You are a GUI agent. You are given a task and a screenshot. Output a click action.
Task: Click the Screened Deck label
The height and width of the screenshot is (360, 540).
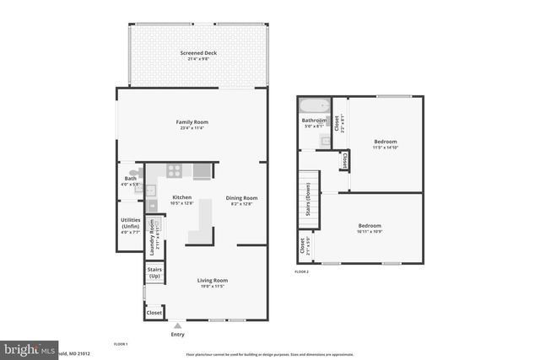tap(198, 56)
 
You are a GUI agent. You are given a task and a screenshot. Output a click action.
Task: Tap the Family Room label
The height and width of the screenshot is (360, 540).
tap(192, 125)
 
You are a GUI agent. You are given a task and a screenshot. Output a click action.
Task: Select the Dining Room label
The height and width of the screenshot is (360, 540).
tap(240, 201)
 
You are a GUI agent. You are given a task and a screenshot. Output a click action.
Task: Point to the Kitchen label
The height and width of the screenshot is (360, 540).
tap(182, 200)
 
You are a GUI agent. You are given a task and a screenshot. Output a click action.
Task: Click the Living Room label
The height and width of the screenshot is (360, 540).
tap(213, 283)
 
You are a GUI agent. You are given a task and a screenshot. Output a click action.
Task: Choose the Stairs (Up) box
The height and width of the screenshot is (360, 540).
tap(154, 273)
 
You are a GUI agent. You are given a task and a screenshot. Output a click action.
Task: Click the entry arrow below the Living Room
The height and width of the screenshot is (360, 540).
tap(177, 325)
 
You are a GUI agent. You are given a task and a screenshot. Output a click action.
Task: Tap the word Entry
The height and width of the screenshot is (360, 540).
tap(177, 335)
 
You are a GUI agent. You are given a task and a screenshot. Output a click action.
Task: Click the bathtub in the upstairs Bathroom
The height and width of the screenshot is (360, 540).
tap(314, 107)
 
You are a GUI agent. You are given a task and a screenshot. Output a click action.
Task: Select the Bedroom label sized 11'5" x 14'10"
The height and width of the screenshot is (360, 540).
tap(386, 143)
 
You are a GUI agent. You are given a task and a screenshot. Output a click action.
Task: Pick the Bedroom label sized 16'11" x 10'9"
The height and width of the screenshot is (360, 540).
tap(369, 228)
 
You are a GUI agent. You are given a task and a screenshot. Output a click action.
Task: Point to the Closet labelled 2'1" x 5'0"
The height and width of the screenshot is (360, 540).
tap(303, 246)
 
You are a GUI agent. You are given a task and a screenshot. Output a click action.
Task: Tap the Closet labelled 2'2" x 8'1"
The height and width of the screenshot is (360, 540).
tap(337, 124)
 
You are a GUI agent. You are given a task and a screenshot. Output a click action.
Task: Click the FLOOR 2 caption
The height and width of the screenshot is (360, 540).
tap(302, 272)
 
